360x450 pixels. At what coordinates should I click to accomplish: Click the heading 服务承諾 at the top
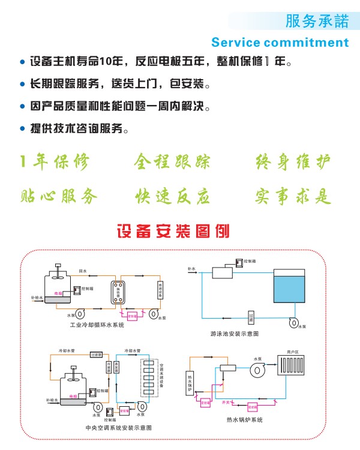[x=317, y=22]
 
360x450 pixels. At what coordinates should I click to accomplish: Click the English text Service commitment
[x=280, y=43]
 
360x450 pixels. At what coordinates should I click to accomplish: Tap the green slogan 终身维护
[x=293, y=161]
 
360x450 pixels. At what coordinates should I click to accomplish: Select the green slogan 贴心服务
[x=58, y=196]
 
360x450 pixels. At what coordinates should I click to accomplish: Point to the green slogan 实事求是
[x=293, y=196]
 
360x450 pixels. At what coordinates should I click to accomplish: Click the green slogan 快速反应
[x=172, y=196]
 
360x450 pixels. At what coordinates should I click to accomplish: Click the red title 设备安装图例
[x=173, y=230]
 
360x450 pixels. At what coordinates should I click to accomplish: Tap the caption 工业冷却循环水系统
[x=97, y=325]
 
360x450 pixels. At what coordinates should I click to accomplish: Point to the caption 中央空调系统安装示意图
[x=119, y=428]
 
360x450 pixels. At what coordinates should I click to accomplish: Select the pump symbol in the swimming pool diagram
[x=294, y=322]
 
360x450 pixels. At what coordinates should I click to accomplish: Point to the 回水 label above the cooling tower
[x=83, y=272]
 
